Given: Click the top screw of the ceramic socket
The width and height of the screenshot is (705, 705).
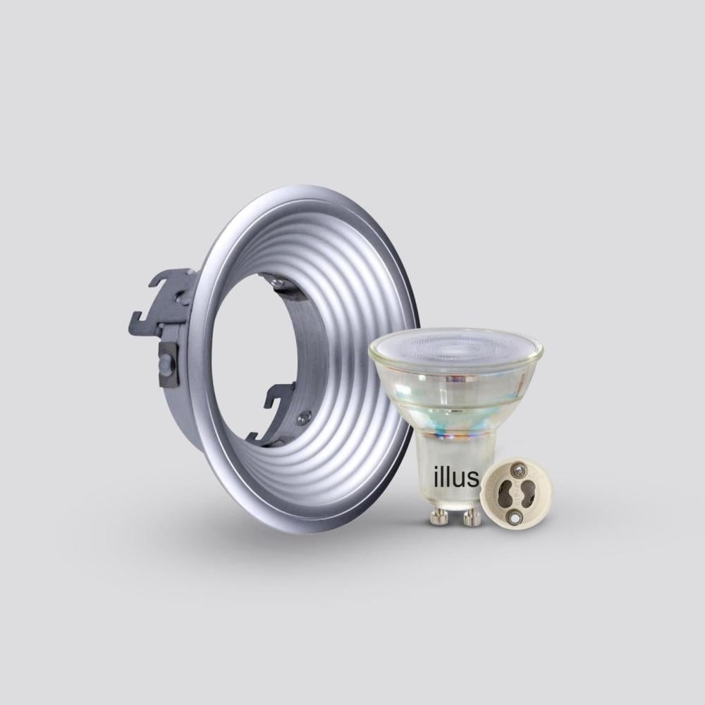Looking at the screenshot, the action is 520,471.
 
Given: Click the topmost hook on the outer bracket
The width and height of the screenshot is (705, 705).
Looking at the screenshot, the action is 168,281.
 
